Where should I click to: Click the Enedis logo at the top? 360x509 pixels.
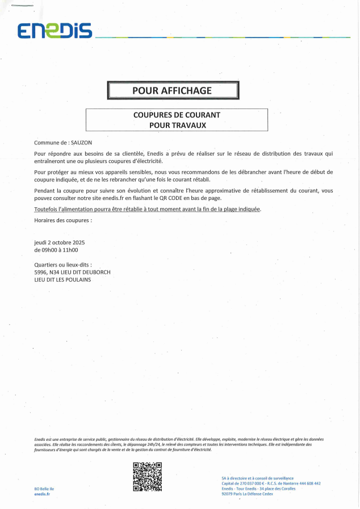click(55, 32)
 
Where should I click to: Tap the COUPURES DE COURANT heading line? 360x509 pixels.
click(177, 115)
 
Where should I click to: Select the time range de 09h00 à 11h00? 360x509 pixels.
click(56, 250)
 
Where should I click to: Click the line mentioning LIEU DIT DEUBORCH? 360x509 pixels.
click(72, 272)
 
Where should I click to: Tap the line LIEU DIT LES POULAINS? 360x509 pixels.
click(62, 279)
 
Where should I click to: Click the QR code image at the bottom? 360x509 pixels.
click(147, 477)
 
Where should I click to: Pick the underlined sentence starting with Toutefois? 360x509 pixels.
click(148, 209)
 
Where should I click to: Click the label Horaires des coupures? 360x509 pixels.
click(62, 219)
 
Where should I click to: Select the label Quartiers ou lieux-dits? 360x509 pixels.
click(63, 265)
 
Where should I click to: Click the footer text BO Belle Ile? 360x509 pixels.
click(45, 489)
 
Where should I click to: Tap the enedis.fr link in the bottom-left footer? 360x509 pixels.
click(42, 495)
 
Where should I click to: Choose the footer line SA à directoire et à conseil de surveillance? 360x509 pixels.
click(255, 478)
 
